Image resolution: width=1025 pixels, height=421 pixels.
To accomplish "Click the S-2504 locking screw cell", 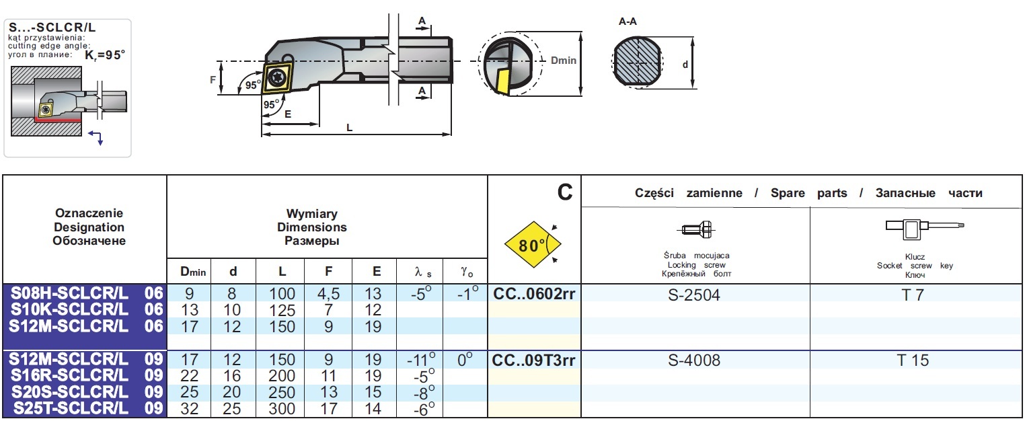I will tap(695, 295).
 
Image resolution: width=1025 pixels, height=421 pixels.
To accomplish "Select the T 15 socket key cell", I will tap(913, 360).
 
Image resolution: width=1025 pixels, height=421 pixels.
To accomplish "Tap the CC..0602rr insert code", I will tap(535, 294).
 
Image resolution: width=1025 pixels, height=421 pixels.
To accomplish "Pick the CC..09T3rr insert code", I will tap(535, 360).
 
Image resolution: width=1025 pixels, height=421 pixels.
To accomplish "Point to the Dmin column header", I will tap(192, 272).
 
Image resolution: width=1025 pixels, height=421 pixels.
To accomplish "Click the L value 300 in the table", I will tap(282, 409).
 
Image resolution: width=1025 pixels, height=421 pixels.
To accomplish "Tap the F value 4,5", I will tap(328, 294).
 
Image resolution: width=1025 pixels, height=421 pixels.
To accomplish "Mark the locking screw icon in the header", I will tap(695, 230).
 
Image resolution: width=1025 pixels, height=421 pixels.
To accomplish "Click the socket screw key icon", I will tap(915, 229).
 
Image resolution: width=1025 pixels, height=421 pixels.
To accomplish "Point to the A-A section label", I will tap(628, 22).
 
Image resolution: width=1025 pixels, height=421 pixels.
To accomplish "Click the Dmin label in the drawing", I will tap(564, 61).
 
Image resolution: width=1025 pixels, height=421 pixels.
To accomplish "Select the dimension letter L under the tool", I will tap(349, 127).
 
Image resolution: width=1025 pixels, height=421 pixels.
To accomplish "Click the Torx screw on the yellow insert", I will tap(276, 78).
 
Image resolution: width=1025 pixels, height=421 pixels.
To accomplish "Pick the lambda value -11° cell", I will tap(420, 360).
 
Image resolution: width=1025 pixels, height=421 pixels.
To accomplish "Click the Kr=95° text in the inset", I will tap(106, 56).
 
